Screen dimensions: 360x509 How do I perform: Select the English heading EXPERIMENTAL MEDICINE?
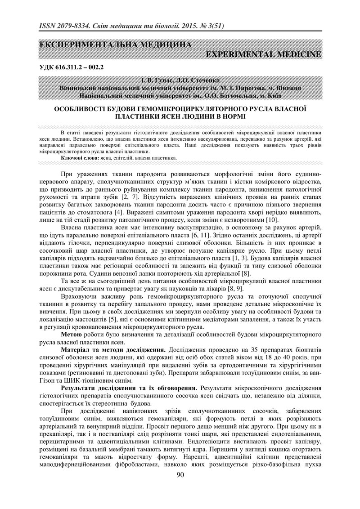263,55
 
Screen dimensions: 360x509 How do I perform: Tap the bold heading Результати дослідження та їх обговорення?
129,387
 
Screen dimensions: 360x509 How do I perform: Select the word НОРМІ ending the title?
233,116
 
